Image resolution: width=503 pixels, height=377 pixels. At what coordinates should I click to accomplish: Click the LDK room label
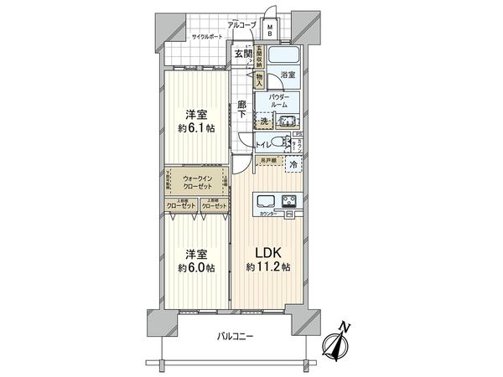tap(267, 252)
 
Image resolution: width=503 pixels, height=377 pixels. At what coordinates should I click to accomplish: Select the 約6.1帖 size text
tap(194, 129)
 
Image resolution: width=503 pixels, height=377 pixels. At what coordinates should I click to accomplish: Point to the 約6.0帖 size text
tap(194, 268)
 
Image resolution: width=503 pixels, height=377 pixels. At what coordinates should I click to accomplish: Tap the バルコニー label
tap(236, 337)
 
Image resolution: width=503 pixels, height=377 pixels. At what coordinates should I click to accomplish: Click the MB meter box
tap(270, 30)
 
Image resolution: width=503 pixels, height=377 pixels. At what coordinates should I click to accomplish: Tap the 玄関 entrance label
tap(243, 55)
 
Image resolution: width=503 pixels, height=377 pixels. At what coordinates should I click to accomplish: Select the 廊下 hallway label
tap(241, 108)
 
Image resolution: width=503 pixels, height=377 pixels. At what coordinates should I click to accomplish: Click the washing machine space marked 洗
tap(265, 122)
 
